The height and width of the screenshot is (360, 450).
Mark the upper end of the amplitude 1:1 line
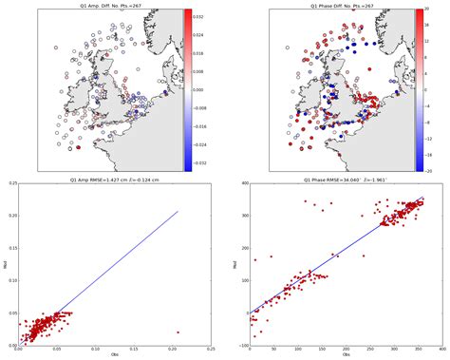point(178,211)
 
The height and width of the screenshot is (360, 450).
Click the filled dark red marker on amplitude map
point(79,148)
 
